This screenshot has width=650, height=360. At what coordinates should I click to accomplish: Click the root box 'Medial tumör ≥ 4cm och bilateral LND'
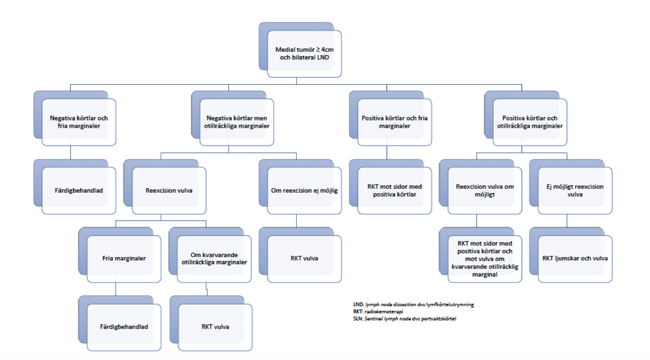304,53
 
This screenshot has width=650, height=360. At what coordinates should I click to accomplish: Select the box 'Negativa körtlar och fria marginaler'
79,122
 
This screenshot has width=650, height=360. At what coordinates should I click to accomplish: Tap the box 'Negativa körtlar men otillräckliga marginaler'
237,122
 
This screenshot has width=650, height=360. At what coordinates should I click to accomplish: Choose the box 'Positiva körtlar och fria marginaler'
395,122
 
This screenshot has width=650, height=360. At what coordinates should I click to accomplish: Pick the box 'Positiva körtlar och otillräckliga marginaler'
530,122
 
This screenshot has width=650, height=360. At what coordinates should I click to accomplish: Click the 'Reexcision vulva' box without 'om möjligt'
169,190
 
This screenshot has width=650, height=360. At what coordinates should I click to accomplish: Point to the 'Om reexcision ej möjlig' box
304,190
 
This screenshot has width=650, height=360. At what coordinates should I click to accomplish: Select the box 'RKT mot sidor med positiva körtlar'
395,190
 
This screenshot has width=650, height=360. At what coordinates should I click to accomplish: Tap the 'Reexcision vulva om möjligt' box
485,190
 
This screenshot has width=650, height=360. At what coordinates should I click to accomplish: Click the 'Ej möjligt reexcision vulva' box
575,190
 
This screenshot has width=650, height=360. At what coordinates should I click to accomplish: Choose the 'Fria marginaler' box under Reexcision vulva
124,259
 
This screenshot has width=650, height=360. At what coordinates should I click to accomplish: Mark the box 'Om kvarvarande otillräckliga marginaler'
214,259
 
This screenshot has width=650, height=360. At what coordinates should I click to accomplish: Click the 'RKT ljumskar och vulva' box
575,259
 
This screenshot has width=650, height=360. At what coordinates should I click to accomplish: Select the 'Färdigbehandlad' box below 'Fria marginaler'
124,327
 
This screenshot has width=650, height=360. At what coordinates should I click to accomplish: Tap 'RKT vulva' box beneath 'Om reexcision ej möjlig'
304,259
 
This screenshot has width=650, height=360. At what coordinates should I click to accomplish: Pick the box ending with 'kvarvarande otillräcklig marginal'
485,259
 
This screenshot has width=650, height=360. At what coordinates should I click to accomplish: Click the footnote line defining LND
413,304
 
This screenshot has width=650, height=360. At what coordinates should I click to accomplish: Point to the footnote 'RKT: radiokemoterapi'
378,312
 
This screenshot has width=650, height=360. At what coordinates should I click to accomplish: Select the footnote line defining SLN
405,319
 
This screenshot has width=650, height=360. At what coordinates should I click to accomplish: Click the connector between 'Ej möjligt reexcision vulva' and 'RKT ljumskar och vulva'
567,221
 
